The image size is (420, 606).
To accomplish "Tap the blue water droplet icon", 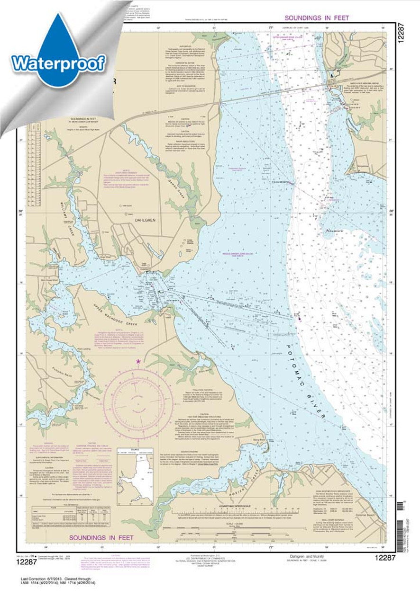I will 58,47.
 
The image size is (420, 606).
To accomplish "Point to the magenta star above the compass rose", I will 138,361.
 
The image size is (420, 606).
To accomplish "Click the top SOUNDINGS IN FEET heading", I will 317,18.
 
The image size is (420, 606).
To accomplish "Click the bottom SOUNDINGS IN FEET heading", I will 101,537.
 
